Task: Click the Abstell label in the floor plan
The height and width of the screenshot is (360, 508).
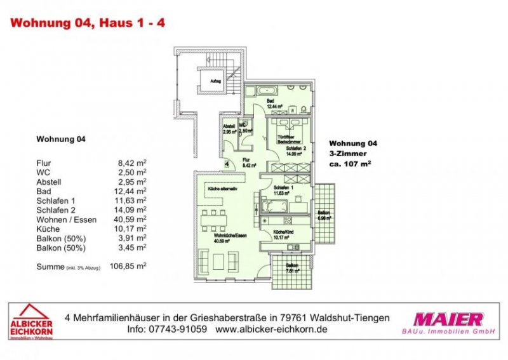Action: [x=229, y=128]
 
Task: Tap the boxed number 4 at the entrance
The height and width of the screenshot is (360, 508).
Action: [x=226, y=164]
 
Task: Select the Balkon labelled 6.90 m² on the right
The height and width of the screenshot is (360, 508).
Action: [x=324, y=214]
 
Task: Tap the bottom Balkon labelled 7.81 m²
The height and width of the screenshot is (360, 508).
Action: [x=291, y=269]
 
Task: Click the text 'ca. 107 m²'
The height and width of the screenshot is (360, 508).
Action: [x=350, y=163]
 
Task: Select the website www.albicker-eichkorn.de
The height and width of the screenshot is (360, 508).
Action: [x=271, y=331]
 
